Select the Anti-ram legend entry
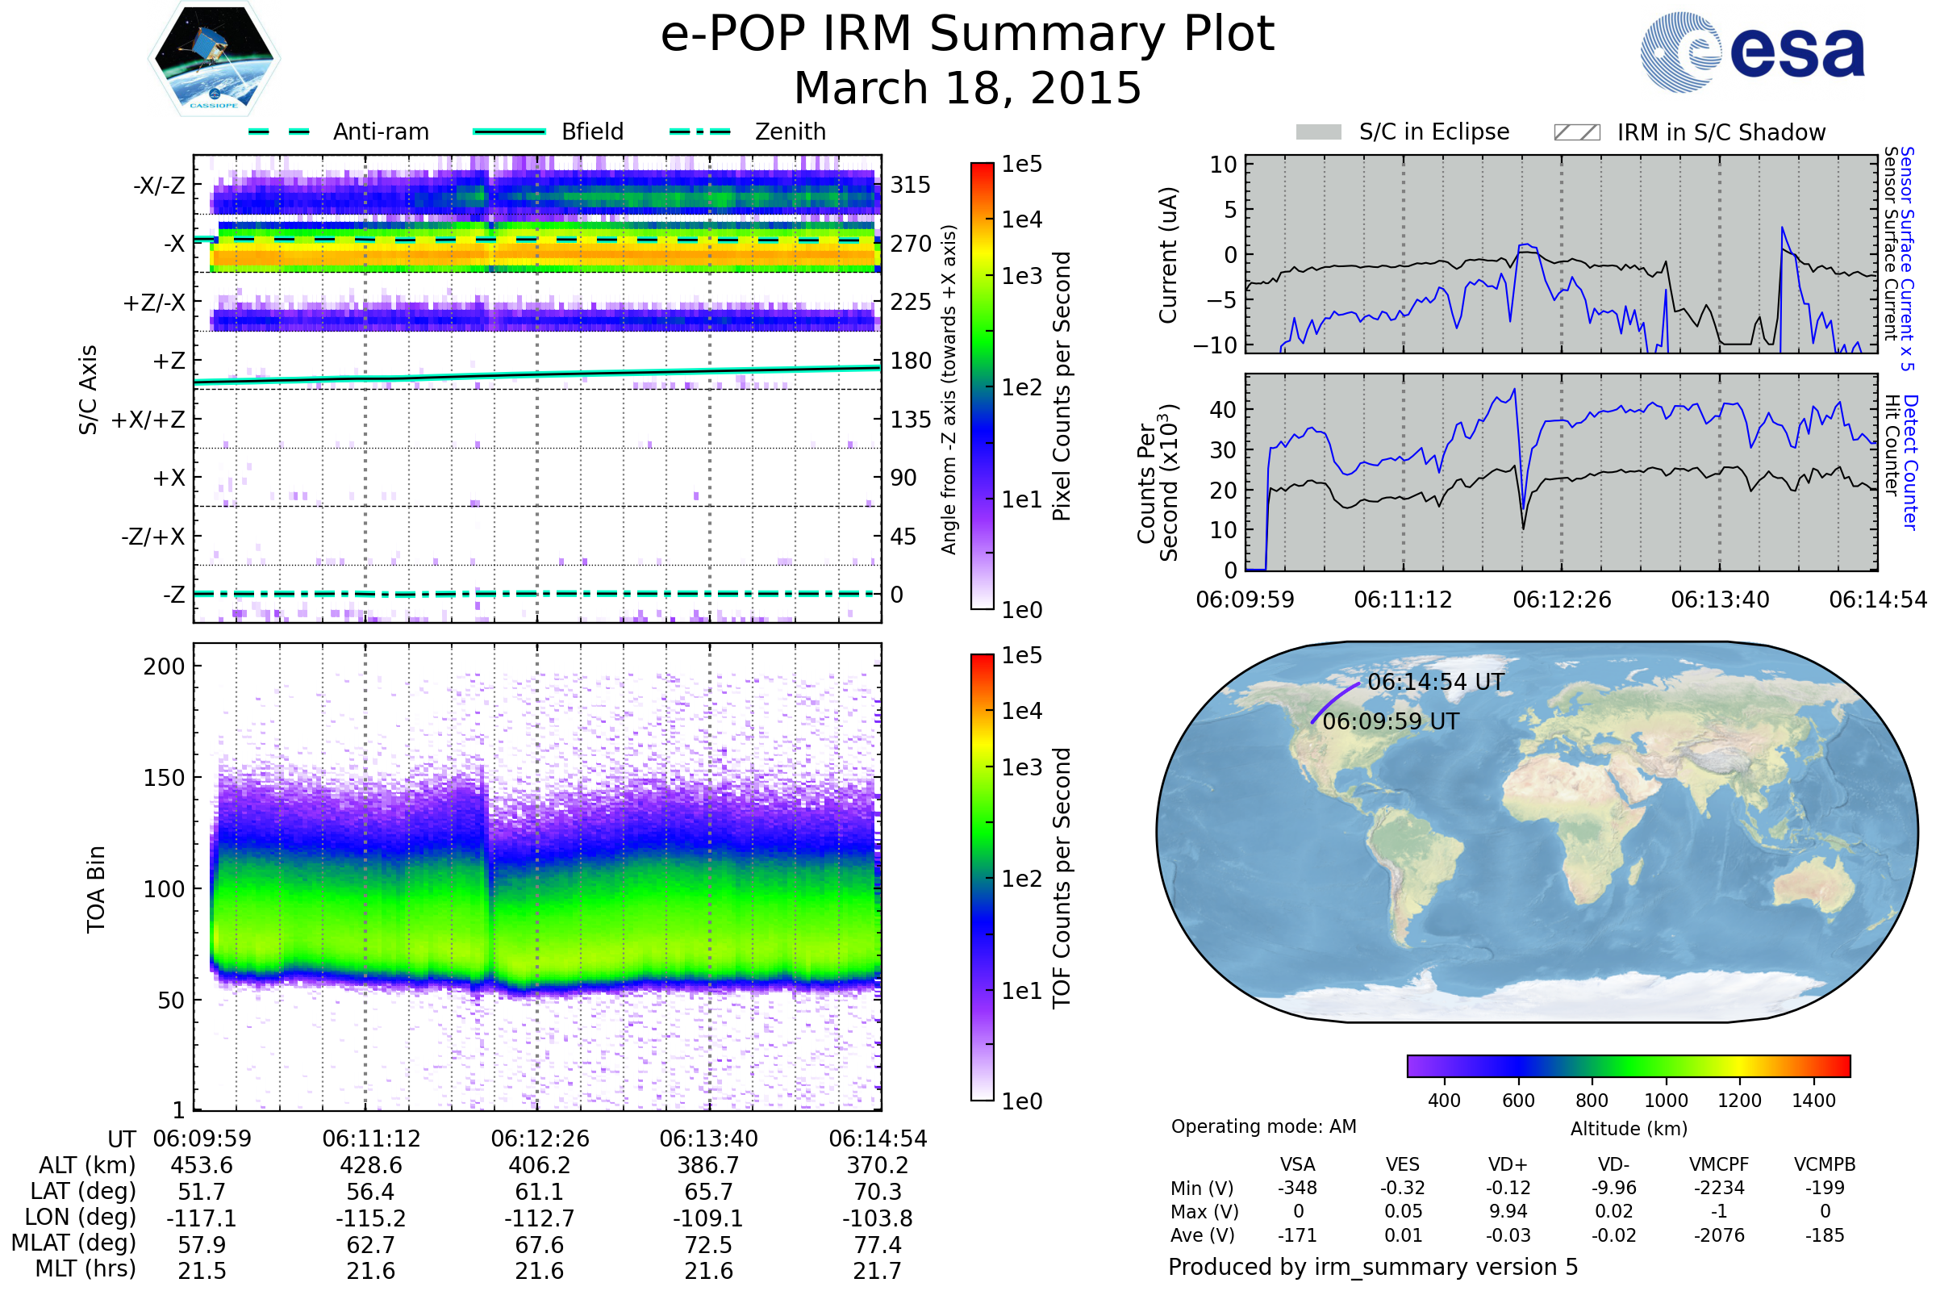tap(380, 132)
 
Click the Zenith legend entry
tap(791, 132)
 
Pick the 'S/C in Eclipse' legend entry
tap(1434, 132)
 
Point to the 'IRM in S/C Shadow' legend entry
tap(1721, 132)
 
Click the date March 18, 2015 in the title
tap(967, 88)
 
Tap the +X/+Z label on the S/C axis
tap(148, 420)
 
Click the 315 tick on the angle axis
tap(910, 186)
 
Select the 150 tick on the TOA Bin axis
tap(164, 778)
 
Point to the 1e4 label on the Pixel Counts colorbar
tap(1021, 219)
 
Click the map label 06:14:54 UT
tap(1436, 682)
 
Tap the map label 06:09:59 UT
tap(1390, 721)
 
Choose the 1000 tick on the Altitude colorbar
tap(1665, 1101)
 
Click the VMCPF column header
tap(1719, 1164)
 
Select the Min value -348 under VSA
tap(1297, 1188)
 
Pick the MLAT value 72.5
tap(709, 1245)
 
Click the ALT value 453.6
tap(202, 1166)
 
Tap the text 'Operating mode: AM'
tap(1263, 1126)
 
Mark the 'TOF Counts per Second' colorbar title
tap(1062, 878)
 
